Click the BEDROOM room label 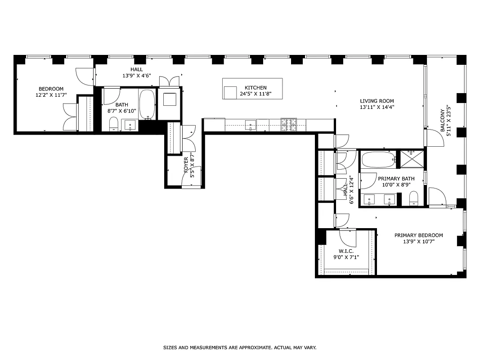click(x=51, y=89)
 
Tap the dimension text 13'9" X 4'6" click(x=136, y=76)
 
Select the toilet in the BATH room click(x=113, y=123)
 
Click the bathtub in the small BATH click(x=147, y=104)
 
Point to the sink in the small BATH click(x=130, y=125)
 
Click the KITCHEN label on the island click(x=256, y=88)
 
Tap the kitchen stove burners click(x=288, y=125)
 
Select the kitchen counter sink click(x=251, y=125)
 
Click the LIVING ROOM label click(x=377, y=101)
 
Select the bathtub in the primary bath click(x=378, y=160)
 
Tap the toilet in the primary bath click(x=414, y=198)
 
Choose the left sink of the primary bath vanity click(x=369, y=199)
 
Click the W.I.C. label click(x=346, y=251)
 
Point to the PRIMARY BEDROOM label click(x=418, y=235)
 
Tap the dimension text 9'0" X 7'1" click(x=346, y=257)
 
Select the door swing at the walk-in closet click(x=348, y=236)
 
